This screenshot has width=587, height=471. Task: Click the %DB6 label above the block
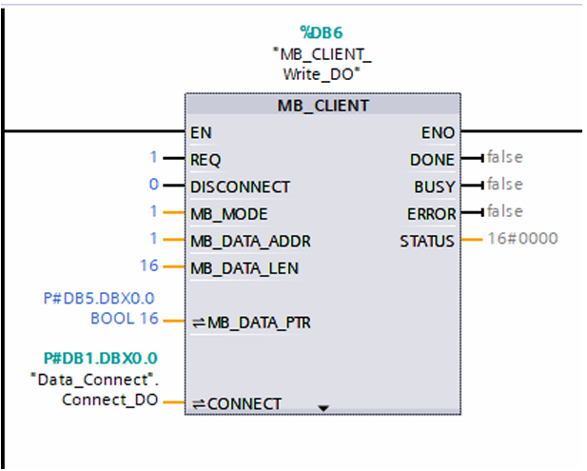(x=322, y=33)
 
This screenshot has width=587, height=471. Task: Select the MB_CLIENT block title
(x=323, y=106)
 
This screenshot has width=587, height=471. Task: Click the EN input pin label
(x=201, y=133)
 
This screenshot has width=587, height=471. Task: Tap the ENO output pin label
(x=438, y=133)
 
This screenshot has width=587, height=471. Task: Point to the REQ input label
(x=205, y=160)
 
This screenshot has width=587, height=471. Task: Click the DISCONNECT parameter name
(x=240, y=187)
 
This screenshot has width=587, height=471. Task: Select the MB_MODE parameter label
(x=229, y=214)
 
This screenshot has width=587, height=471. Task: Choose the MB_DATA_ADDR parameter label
(x=250, y=242)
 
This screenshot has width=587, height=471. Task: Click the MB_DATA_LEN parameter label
(x=245, y=268)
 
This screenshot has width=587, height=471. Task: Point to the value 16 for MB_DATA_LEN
(x=149, y=265)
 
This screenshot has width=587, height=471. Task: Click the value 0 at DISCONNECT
(x=154, y=185)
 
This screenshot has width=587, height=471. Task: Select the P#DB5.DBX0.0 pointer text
(x=99, y=299)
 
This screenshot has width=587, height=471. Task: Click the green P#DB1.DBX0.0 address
(x=100, y=359)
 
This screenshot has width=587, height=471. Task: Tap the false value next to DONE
(x=504, y=157)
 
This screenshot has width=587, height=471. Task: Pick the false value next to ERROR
(x=504, y=211)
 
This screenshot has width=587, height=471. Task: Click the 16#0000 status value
(x=522, y=239)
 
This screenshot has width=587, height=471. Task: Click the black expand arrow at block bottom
(x=323, y=408)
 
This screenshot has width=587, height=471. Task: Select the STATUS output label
(x=427, y=242)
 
